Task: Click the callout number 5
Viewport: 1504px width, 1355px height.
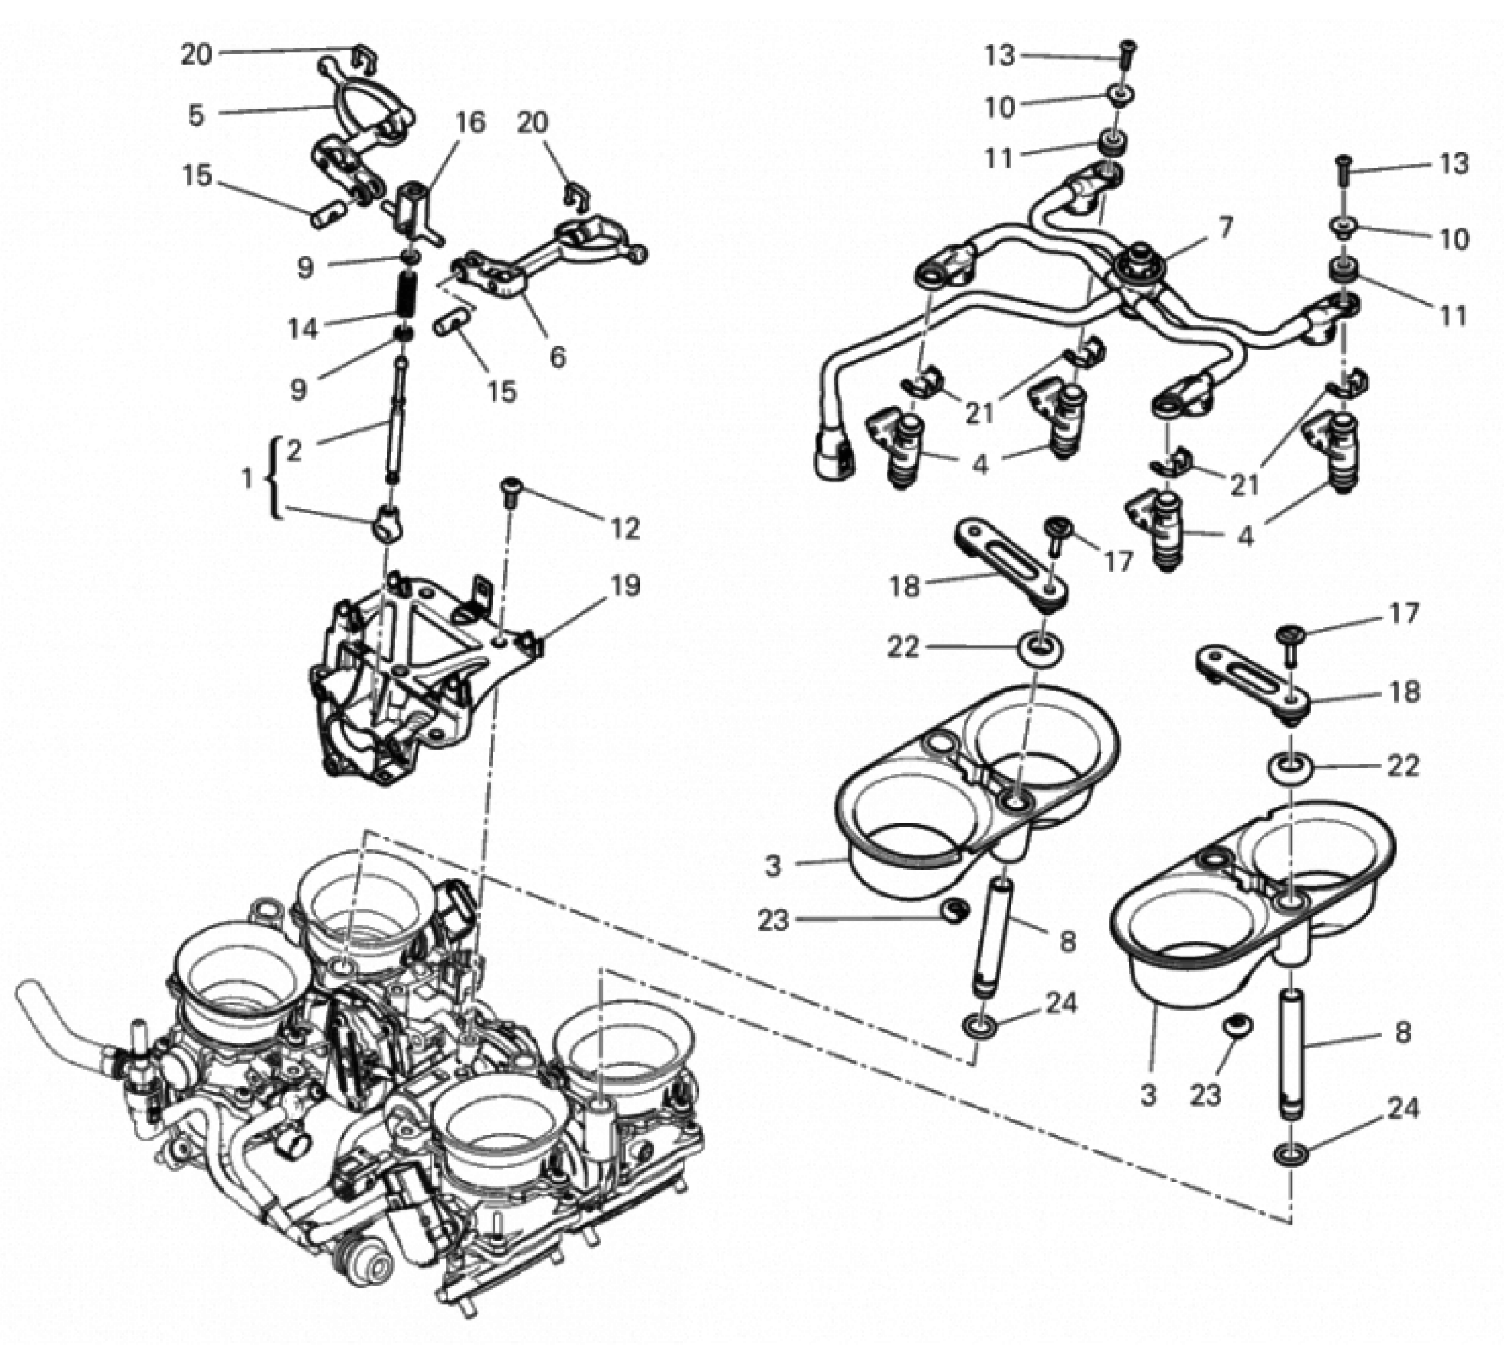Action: (196, 115)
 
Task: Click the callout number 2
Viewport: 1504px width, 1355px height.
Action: (294, 451)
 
